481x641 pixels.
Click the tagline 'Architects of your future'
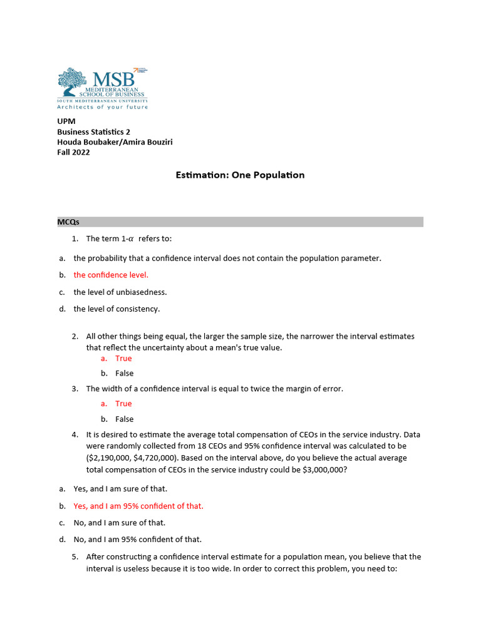103,107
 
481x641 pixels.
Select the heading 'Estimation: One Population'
240,175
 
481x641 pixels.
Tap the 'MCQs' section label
68,222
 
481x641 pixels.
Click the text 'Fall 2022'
73,152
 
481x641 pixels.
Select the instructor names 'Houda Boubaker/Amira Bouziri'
115,142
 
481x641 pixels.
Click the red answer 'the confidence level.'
111,275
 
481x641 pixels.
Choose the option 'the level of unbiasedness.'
120,292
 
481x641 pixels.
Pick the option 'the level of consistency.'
116,309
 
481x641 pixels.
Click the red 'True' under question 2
123,359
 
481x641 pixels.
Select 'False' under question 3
124,419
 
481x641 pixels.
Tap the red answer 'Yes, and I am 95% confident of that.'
138,506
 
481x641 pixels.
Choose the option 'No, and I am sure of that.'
120,523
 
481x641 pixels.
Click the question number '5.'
75,556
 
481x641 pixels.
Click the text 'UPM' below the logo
66,122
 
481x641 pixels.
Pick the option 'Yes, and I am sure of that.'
120,489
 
